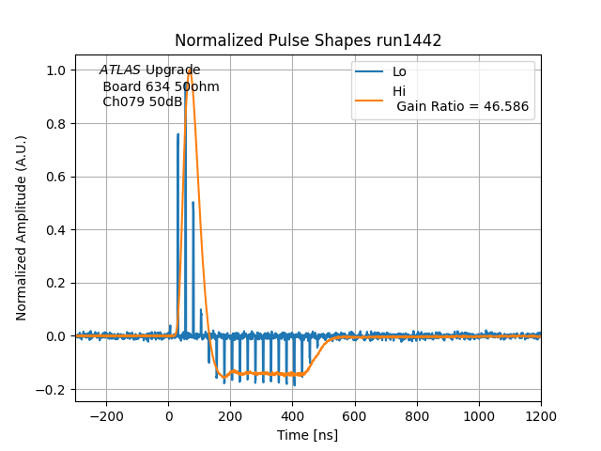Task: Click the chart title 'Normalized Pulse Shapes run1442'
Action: click(x=308, y=40)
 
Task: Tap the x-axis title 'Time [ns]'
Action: click(x=307, y=435)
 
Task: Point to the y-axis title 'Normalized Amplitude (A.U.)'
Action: click(x=22, y=228)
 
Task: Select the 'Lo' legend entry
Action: click(x=399, y=71)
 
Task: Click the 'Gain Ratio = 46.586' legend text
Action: click(x=462, y=107)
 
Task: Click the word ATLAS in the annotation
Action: click(x=120, y=70)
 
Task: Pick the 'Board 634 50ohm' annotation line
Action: click(x=161, y=86)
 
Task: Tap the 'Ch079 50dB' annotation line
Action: click(x=142, y=101)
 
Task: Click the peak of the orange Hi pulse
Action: click(x=190, y=70)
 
